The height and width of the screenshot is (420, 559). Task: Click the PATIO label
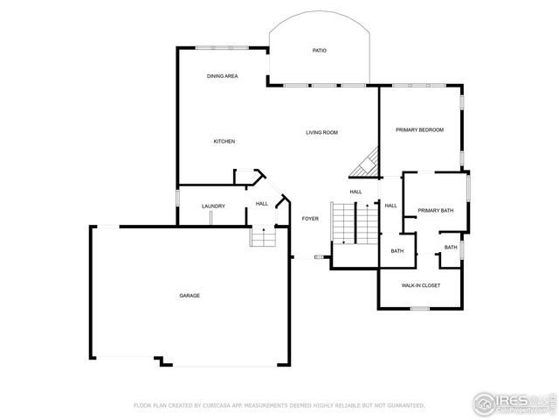click(320, 51)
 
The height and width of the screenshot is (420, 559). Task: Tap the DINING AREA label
click(222, 76)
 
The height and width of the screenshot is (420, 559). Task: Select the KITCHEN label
click(224, 141)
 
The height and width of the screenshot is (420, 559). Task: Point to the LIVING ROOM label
click(321, 132)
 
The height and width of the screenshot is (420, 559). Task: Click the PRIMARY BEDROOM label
click(419, 129)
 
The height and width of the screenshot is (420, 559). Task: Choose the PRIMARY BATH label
click(435, 210)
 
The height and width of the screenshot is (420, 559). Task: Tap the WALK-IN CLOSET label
click(420, 285)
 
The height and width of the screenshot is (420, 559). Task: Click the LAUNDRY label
click(213, 206)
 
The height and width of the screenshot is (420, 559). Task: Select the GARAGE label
click(190, 296)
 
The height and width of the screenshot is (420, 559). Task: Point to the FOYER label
click(310, 218)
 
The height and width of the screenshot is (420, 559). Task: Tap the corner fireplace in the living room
click(366, 164)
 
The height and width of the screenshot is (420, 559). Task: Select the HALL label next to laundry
click(261, 204)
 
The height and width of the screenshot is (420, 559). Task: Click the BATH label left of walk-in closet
click(397, 252)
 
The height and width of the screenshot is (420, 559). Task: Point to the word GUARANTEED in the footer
click(406, 406)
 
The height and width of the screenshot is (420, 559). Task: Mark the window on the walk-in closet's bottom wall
click(420, 308)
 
